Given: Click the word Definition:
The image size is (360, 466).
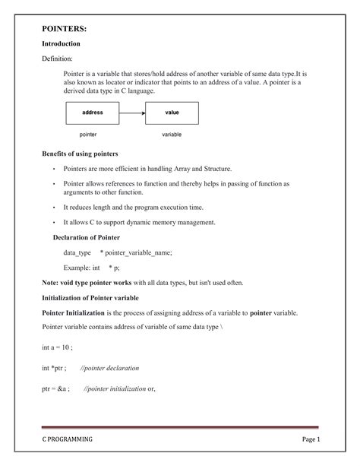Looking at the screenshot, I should (x=57, y=59).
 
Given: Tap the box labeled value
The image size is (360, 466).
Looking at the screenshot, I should (x=172, y=113).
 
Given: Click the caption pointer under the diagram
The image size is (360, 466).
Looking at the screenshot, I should (x=88, y=134).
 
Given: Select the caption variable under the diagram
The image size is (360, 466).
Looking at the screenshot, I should (x=172, y=134).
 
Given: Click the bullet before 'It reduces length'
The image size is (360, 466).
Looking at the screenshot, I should (x=53, y=207).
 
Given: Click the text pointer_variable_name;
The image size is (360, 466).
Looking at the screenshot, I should (x=136, y=252).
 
